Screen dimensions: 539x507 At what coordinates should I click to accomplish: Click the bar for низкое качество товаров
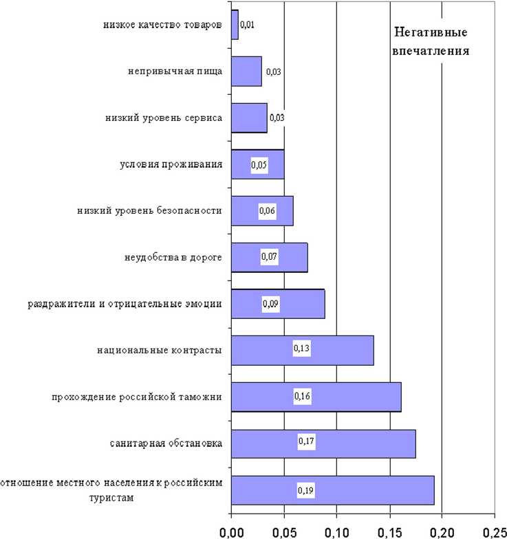[235, 25]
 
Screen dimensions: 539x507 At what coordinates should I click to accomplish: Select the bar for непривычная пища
[246, 71]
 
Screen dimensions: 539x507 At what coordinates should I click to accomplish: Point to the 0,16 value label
[303, 396]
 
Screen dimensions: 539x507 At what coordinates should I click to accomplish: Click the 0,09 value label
[271, 303]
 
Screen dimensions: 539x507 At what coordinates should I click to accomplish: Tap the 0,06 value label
[267, 211]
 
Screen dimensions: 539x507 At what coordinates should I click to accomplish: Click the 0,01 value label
[248, 25]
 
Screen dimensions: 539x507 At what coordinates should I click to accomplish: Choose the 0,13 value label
[301, 349]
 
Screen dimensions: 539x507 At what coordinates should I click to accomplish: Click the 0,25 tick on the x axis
[494, 531]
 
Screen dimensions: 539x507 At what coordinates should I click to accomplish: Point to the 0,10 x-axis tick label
[336, 531]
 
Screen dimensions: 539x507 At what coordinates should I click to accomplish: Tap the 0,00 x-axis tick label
[231, 531]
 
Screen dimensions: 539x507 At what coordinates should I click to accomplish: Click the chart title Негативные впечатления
[431, 42]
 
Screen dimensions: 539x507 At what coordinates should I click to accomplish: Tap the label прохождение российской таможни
[137, 397]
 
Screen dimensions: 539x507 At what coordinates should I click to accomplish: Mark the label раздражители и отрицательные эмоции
[125, 304]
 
